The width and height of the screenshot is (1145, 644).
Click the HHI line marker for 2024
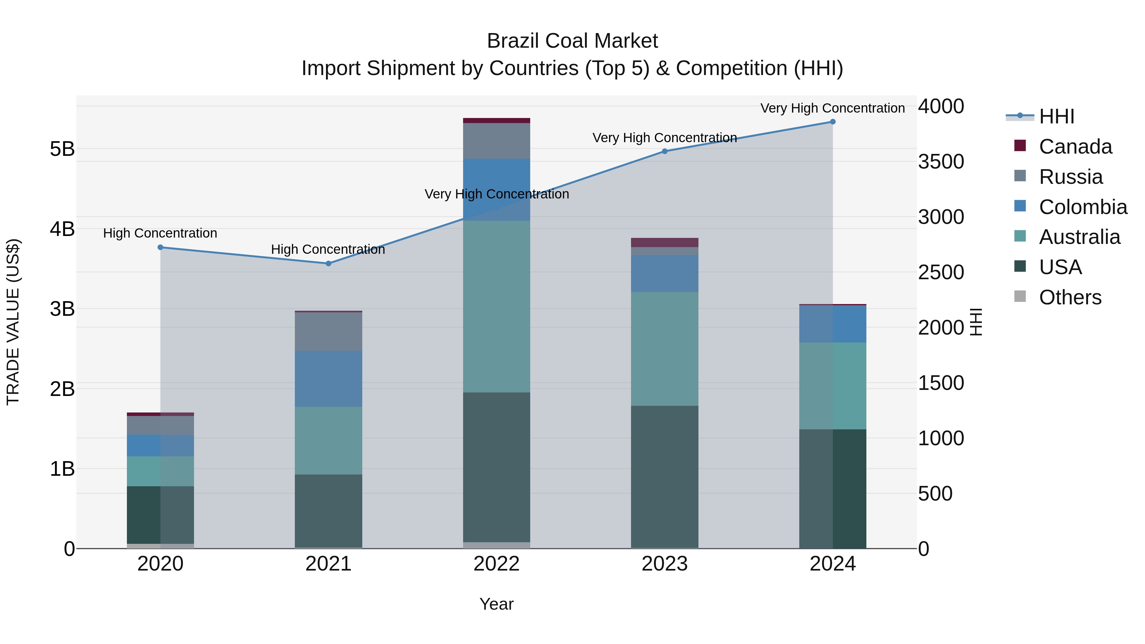point(833,122)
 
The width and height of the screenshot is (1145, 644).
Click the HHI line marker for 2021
point(329,264)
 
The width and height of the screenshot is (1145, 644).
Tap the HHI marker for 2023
point(664,151)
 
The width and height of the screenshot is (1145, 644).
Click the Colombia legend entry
point(1082,207)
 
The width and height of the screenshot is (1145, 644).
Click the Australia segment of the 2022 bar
point(496,307)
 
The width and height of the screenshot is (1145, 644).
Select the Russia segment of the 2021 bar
point(329,332)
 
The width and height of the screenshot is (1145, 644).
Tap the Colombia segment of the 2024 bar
point(833,324)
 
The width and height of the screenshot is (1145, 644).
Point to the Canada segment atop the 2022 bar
point(496,121)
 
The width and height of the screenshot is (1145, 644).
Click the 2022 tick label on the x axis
point(496,564)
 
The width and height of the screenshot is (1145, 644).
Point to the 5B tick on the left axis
point(62,149)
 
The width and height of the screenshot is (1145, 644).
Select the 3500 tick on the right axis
point(940,162)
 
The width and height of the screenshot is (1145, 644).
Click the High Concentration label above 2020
point(160,233)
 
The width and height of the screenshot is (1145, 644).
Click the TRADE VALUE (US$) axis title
point(13,322)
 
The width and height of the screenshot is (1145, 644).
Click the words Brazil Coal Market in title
point(572,41)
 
